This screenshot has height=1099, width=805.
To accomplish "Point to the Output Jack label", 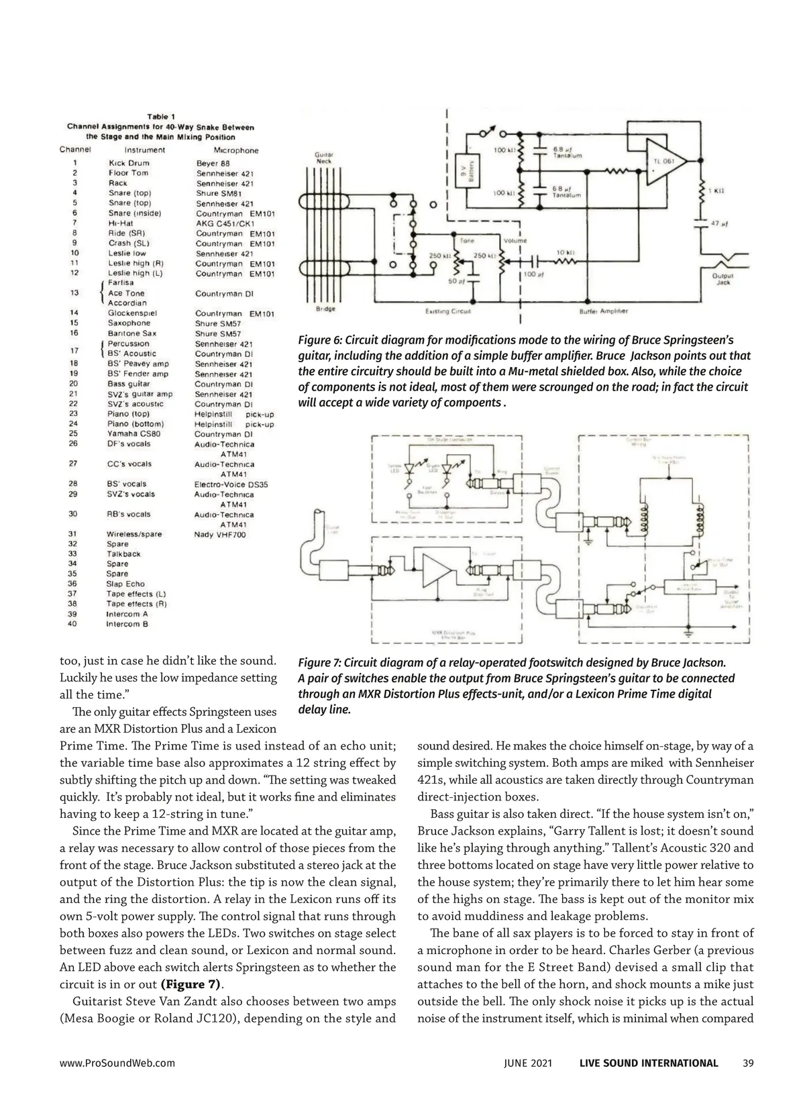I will tap(722, 279).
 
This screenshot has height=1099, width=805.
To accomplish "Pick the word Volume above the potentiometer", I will tap(514, 240).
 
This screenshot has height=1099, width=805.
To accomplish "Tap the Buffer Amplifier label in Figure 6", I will tap(603, 311).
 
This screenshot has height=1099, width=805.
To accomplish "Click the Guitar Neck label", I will tap(324, 158).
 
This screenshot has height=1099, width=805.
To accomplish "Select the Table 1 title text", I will tap(161, 117).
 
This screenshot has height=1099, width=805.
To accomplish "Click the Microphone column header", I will tap(235, 150).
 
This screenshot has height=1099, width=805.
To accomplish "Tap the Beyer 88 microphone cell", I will tap(213, 163).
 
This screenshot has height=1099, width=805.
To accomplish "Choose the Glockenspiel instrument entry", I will tap(132, 313).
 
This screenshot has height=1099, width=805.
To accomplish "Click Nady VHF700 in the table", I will tap(220, 535).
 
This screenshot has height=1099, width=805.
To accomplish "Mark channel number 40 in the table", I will tap(72, 624).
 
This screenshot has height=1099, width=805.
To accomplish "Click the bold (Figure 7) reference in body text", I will tap(191, 984).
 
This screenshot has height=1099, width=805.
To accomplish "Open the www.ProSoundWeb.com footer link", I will tap(117, 1063).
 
